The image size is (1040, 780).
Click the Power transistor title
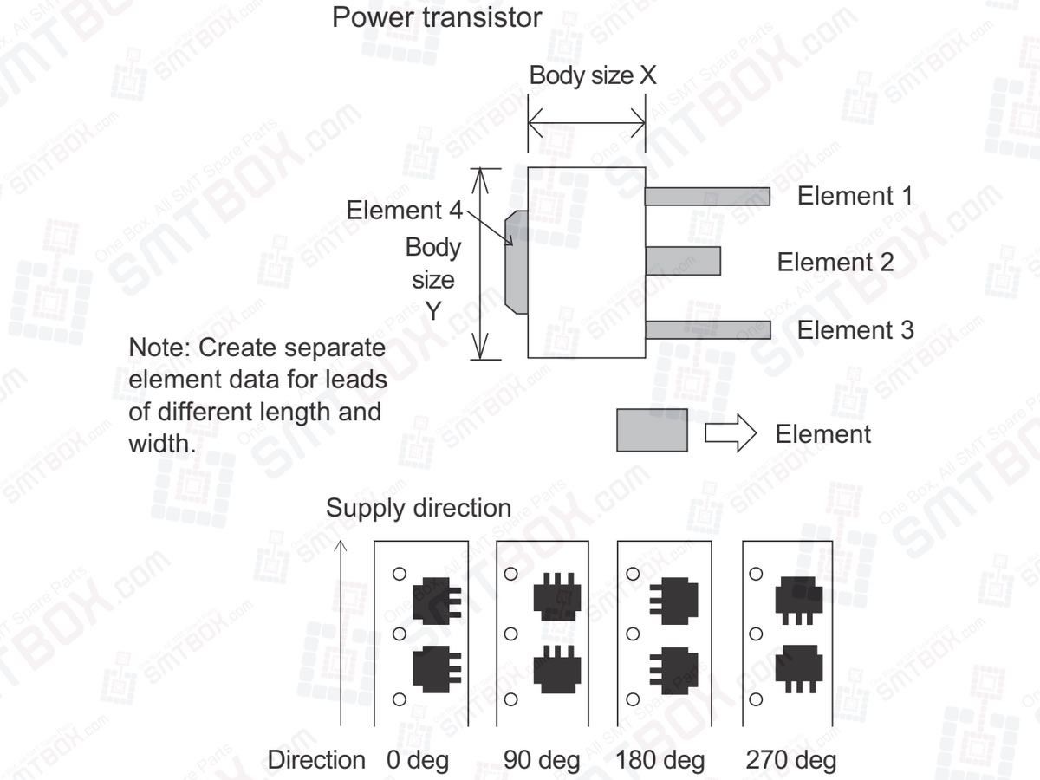pos(437,17)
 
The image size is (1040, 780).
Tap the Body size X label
pos(593,75)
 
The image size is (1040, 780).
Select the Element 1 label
pos(855,196)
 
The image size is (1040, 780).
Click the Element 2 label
pos(835,262)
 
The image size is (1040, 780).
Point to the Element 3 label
pos(855,330)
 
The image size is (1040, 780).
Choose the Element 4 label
pos(405,211)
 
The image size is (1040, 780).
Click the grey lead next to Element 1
pos(707,197)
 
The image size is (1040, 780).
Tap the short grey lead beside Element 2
pos(683,261)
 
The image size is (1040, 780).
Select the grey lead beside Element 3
pos(707,329)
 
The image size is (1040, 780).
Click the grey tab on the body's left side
pos(517,262)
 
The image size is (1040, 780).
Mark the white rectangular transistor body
pos(587,263)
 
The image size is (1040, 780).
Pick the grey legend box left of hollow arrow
pos(652,431)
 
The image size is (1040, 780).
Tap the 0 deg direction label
pos(418,761)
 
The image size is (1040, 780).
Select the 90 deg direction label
pos(542,761)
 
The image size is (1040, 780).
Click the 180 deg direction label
pos(660,761)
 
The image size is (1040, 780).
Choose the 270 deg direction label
pos(790,761)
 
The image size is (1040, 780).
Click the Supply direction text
pos(418,508)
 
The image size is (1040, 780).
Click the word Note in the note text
pos(159,348)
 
